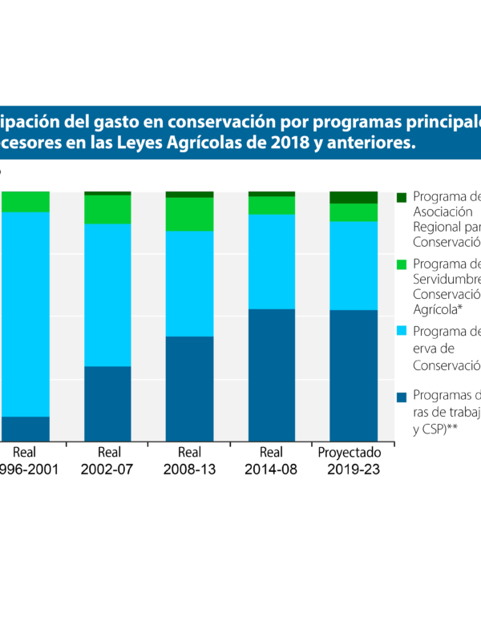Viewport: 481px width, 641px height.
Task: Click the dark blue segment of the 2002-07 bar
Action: click(107, 403)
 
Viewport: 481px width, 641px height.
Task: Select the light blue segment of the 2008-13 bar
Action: click(189, 283)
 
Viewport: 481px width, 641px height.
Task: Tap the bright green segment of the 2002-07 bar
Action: click(107, 209)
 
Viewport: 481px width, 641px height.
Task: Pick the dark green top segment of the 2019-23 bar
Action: click(354, 197)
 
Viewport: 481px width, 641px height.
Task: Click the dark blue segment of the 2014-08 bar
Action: click(272, 374)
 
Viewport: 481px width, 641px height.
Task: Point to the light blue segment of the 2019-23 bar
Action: click(354, 265)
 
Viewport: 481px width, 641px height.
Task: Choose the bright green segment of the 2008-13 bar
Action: click(189, 214)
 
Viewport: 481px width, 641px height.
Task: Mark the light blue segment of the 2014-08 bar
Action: click(272, 261)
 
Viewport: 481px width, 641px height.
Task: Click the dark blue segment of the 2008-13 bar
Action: click(189, 388)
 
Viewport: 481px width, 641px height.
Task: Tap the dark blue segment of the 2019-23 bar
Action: click(354, 375)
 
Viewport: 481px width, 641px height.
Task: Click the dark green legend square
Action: click(402, 197)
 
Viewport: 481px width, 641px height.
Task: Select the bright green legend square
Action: click(402, 264)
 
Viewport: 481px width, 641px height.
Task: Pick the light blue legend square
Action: click(402, 331)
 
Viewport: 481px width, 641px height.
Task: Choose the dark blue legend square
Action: click(402, 396)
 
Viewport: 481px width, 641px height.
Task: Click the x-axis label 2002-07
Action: click(108, 470)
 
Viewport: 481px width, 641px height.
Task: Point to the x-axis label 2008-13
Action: click(190, 470)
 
